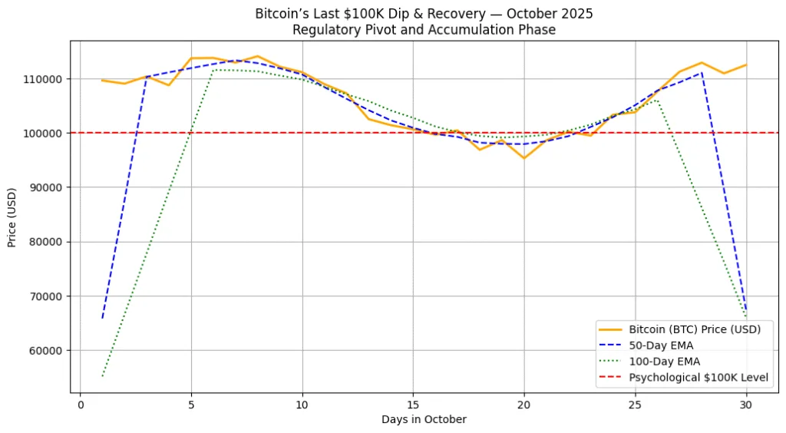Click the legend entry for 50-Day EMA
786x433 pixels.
(x=661, y=345)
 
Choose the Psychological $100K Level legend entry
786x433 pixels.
(x=698, y=378)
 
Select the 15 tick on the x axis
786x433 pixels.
(x=413, y=405)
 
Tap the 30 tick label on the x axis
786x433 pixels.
(x=745, y=405)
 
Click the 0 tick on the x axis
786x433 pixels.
(x=81, y=405)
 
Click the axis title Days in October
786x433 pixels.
(x=424, y=419)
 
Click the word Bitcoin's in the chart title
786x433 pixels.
(x=281, y=14)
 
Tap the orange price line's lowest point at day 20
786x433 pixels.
(x=523, y=158)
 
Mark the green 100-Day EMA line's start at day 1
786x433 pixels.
(x=102, y=376)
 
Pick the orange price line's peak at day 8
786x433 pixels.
(x=257, y=56)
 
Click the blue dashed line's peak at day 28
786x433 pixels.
(x=701, y=73)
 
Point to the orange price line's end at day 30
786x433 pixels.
(x=745, y=64)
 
